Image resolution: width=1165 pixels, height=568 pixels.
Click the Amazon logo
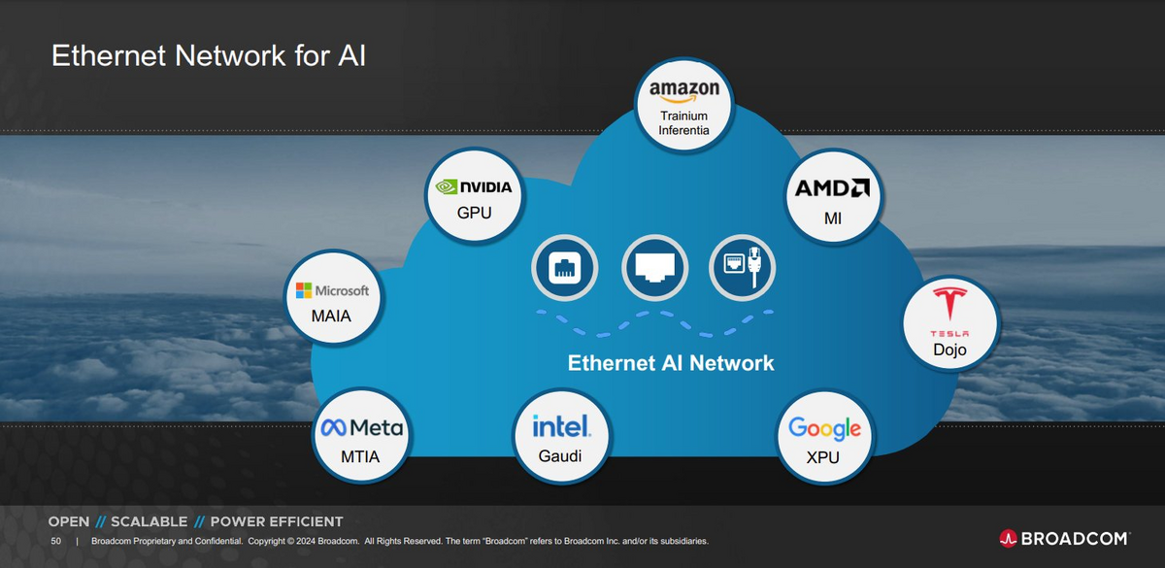click(x=683, y=91)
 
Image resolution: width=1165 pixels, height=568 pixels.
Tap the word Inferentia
click(x=683, y=130)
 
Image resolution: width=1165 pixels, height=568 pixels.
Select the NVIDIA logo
click(x=474, y=186)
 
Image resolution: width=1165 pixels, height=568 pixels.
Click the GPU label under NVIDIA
click(x=474, y=213)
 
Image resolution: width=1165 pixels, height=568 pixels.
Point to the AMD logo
click(x=832, y=187)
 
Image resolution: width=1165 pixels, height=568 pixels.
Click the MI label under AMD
click(x=833, y=218)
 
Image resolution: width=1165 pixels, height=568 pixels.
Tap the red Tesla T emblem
click(x=949, y=303)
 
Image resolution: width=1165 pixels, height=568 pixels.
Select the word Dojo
click(x=949, y=350)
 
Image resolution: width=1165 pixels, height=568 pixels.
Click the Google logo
click(x=825, y=429)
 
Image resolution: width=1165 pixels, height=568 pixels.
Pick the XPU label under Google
click(x=823, y=457)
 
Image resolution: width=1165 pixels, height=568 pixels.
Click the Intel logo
click(x=561, y=426)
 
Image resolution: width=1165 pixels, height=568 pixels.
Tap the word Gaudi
click(x=559, y=456)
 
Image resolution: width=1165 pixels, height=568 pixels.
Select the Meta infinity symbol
click(x=333, y=427)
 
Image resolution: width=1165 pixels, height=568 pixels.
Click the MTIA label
click(x=360, y=456)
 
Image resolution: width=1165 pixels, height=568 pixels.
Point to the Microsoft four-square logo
click(x=304, y=290)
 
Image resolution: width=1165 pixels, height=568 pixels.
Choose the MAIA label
click(x=331, y=316)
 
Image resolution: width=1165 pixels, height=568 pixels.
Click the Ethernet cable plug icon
click(x=754, y=267)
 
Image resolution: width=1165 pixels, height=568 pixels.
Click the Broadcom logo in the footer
click(x=1064, y=538)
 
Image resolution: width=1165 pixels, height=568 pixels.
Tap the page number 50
click(x=55, y=541)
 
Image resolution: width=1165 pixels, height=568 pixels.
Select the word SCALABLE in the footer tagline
click(x=150, y=521)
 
